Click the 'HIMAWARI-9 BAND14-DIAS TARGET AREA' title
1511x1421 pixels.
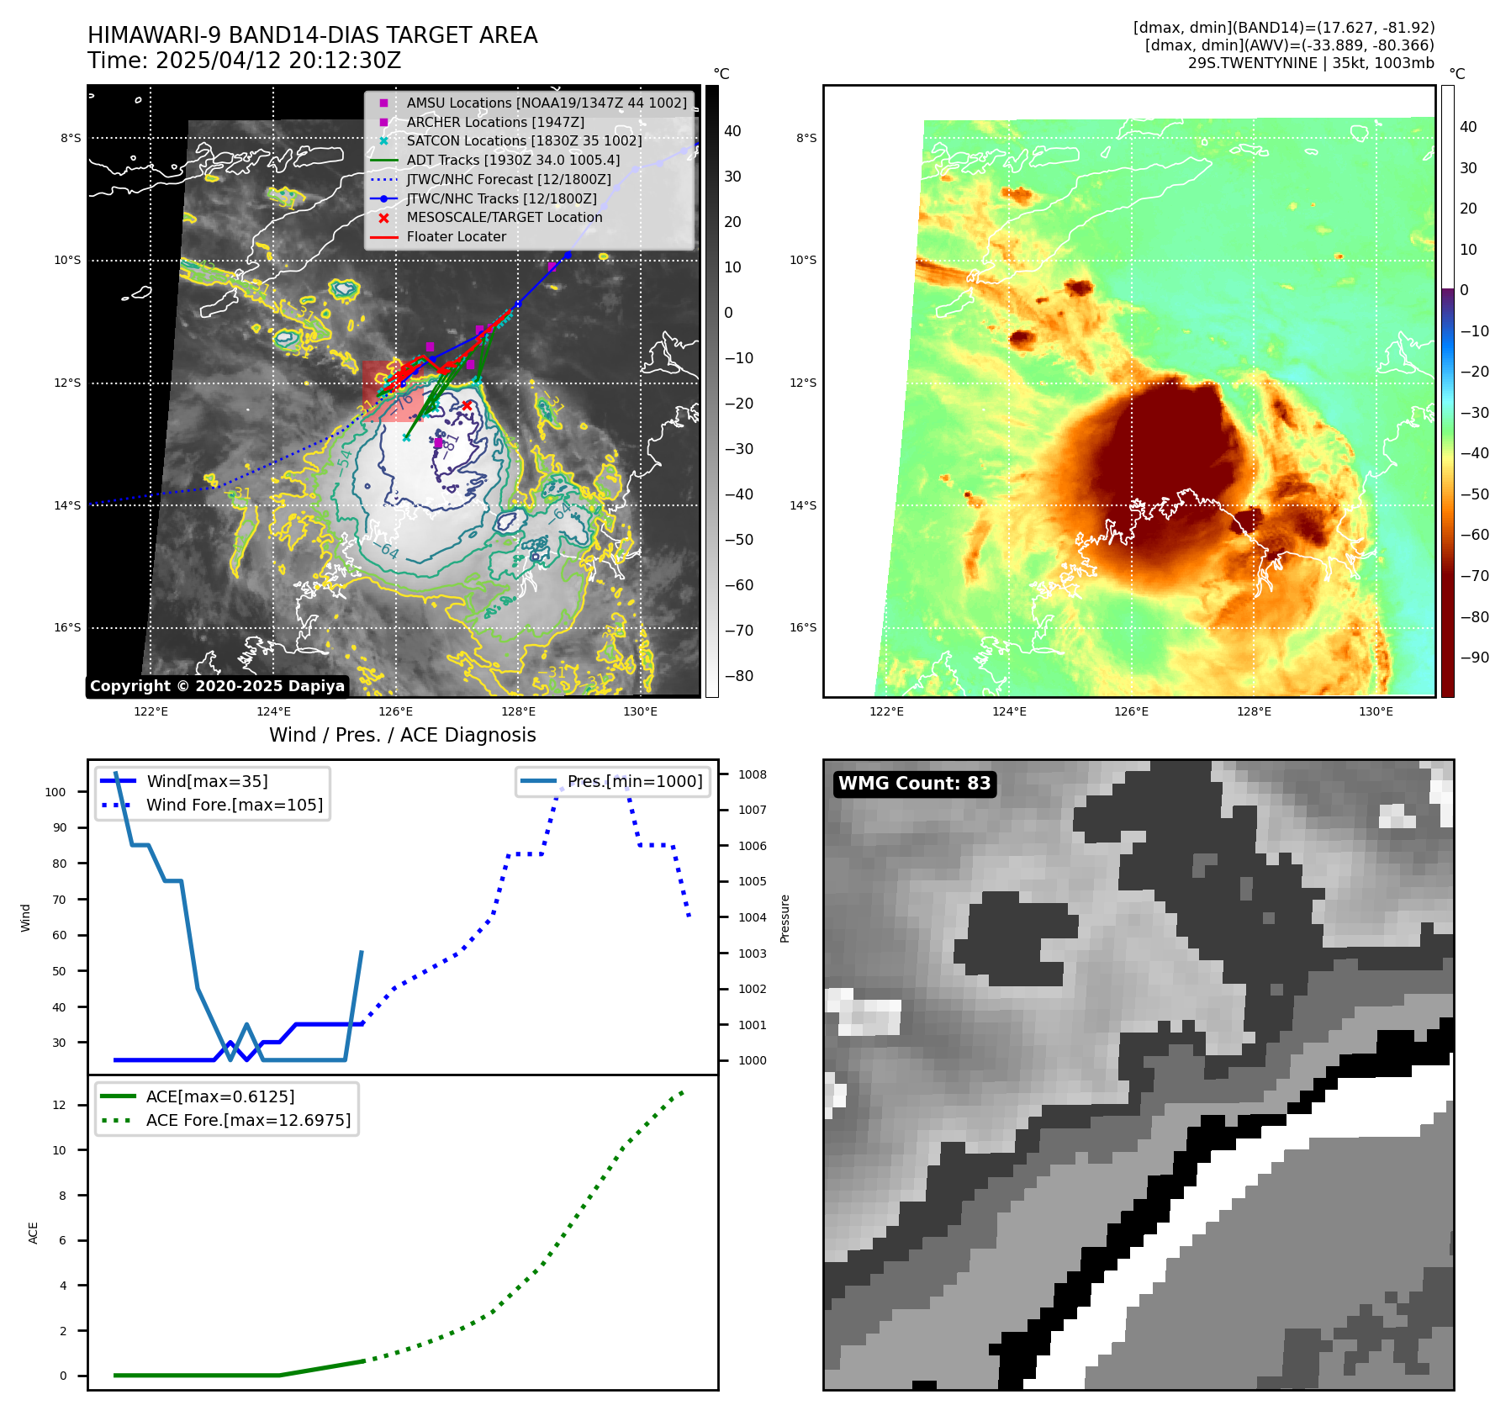click(312, 35)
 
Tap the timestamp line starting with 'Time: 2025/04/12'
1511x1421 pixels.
click(244, 61)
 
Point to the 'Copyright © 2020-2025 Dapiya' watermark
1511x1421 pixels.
click(217, 686)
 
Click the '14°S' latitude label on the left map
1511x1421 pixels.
click(68, 505)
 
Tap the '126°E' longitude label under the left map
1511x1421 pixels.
click(395, 711)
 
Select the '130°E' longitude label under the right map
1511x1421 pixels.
click(1376, 711)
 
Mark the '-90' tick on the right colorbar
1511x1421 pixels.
click(1475, 658)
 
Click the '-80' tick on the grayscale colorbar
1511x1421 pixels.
click(739, 676)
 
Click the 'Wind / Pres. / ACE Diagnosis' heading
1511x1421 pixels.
click(402, 735)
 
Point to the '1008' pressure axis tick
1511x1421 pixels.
click(753, 774)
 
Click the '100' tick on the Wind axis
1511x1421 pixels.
click(55, 792)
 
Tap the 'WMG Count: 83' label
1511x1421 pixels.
click(914, 784)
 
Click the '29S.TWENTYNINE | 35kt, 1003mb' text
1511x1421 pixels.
click(1311, 63)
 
